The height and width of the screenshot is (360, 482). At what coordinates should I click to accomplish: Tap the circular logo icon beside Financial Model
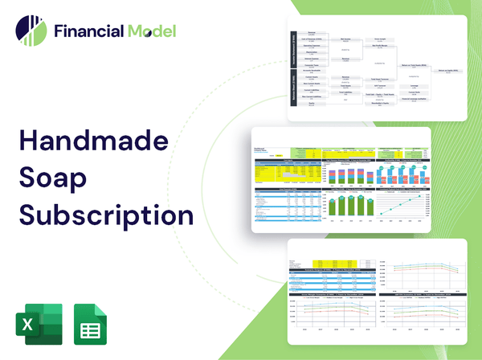[x=31, y=31]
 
